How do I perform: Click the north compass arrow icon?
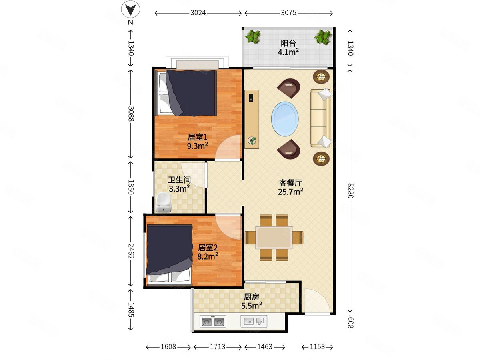point(130,9)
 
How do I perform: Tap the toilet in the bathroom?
point(163,202)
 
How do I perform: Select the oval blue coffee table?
point(285,119)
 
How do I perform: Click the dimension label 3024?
point(198,13)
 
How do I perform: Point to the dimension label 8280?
point(350,191)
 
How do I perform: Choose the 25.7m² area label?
point(290,192)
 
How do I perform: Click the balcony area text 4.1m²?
point(288,52)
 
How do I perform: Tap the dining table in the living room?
point(274,238)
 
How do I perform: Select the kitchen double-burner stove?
point(213,321)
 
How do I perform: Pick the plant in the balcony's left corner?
point(253,36)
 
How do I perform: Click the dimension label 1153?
point(317,347)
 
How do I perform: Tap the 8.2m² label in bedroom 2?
point(208,256)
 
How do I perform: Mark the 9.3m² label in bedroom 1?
point(197,146)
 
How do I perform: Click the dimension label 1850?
point(131,187)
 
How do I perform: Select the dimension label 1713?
point(218,347)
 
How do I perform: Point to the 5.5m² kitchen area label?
point(252,306)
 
